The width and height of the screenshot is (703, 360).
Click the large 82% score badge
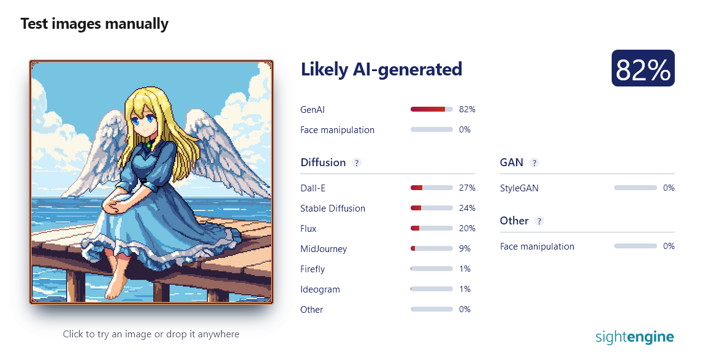[x=643, y=68]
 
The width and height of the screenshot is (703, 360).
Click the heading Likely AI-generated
[x=381, y=69]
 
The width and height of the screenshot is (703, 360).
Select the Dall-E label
[x=313, y=188]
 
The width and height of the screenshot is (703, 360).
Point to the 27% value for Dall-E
[x=467, y=188]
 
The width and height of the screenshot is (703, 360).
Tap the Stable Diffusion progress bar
[x=431, y=209]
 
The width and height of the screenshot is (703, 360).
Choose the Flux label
[x=308, y=229]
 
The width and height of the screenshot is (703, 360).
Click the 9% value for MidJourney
[x=465, y=248]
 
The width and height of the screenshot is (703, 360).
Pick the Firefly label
[x=313, y=269]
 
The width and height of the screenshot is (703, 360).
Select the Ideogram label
[x=320, y=289]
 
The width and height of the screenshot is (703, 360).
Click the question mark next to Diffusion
[x=357, y=163]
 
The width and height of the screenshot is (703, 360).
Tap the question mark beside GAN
[x=534, y=163]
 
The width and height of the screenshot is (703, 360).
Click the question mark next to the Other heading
[x=539, y=221]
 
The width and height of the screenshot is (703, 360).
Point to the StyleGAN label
[x=519, y=188]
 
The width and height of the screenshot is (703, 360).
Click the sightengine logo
[x=634, y=337]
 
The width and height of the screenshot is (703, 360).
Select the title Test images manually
[x=94, y=23]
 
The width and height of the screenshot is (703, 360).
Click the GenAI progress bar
[x=431, y=110]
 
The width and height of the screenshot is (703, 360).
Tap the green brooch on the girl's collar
[x=148, y=145]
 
